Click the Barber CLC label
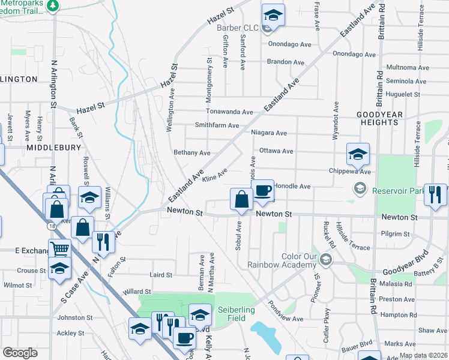[x=242, y=28]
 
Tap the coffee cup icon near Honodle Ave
[x=263, y=192]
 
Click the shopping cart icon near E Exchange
[x=59, y=249]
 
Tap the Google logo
[x=20, y=352]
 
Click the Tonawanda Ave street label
[x=229, y=112]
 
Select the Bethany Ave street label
[x=191, y=152]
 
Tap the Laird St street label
[x=161, y=275]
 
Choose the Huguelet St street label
[x=403, y=94]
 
